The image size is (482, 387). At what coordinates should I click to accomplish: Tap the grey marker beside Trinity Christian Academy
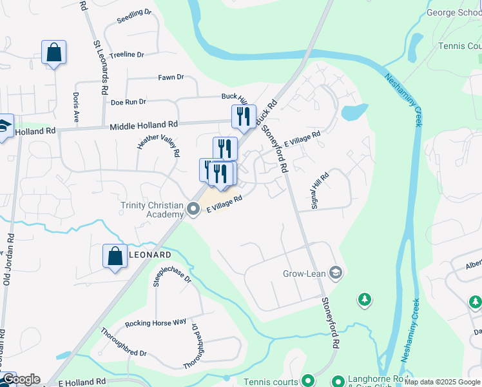(x=193, y=209)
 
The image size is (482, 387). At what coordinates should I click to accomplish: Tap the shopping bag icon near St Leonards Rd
(x=53, y=52)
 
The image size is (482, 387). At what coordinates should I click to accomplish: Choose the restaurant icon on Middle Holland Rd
(x=244, y=116)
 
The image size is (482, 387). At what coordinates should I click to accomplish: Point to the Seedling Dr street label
(x=134, y=17)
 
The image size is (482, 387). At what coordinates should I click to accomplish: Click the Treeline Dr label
(x=127, y=55)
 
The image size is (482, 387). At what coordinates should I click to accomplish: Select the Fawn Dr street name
(x=171, y=77)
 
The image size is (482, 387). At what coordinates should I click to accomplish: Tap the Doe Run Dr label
(x=129, y=102)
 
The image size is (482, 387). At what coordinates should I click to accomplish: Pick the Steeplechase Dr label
(x=172, y=273)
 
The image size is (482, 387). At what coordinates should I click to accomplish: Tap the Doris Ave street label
(x=76, y=107)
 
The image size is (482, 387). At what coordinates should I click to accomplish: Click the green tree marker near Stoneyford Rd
(x=365, y=299)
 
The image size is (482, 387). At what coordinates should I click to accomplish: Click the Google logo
(x=21, y=379)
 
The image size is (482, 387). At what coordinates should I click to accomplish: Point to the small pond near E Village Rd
(x=354, y=112)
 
